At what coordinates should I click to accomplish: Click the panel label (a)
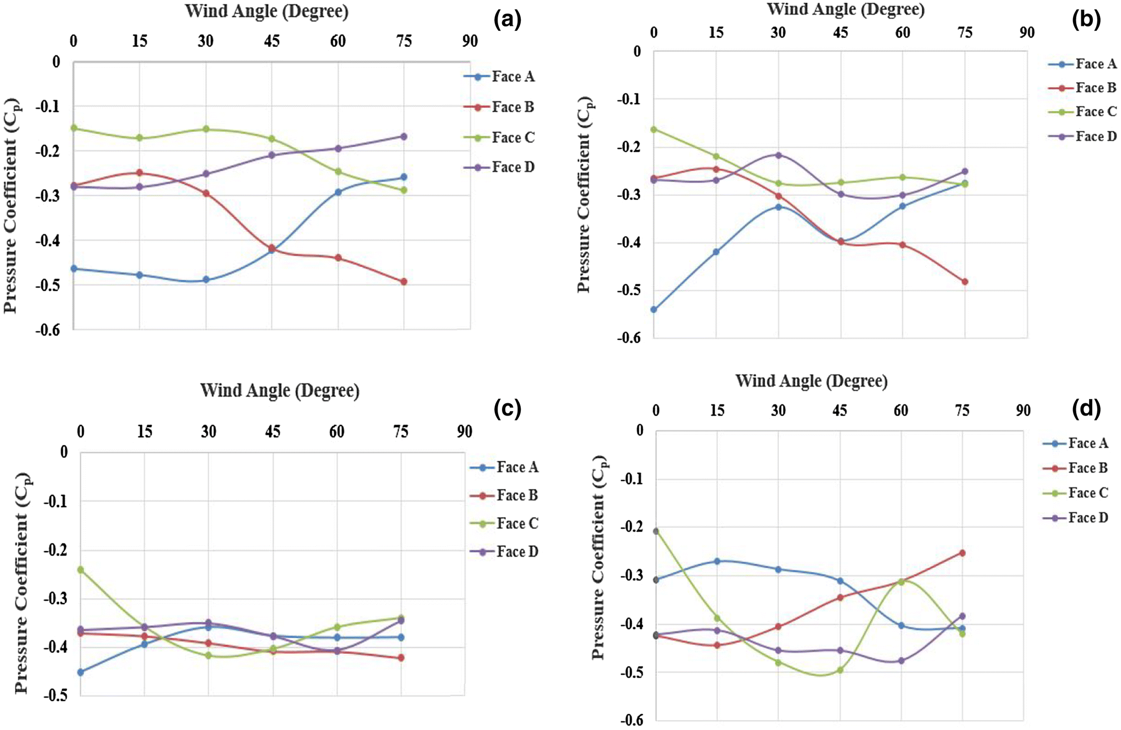[x=508, y=20]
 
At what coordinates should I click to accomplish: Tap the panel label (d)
[x=1086, y=408]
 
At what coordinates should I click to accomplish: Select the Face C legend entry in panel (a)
[x=513, y=137]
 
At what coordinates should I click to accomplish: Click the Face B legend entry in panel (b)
[x=1095, y=88]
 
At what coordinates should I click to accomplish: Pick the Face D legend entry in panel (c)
[x=517, y=551]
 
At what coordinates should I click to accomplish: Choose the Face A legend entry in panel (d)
[x=1087, y=443]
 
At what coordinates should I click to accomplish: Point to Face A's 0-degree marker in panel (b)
[x=654, y=310]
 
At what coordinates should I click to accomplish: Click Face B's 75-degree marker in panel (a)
[x=404, y=281]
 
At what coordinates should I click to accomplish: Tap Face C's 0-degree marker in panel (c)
[x=81, y=569]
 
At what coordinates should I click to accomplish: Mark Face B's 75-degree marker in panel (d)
[x=963, y=553]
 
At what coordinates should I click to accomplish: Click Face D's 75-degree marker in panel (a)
[x=404, y=136]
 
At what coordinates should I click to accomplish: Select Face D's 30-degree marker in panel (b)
[x=778, y=155]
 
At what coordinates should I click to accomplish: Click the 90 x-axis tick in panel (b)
[x=1027, y=33]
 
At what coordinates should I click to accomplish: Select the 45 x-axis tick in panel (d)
[x=840, y=411]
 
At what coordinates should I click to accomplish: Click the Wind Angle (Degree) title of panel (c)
[x=280, y=391]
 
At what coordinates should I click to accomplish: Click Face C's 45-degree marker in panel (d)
[x=840, y=670]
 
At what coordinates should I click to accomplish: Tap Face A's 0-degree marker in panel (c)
[x=81, y=672]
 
